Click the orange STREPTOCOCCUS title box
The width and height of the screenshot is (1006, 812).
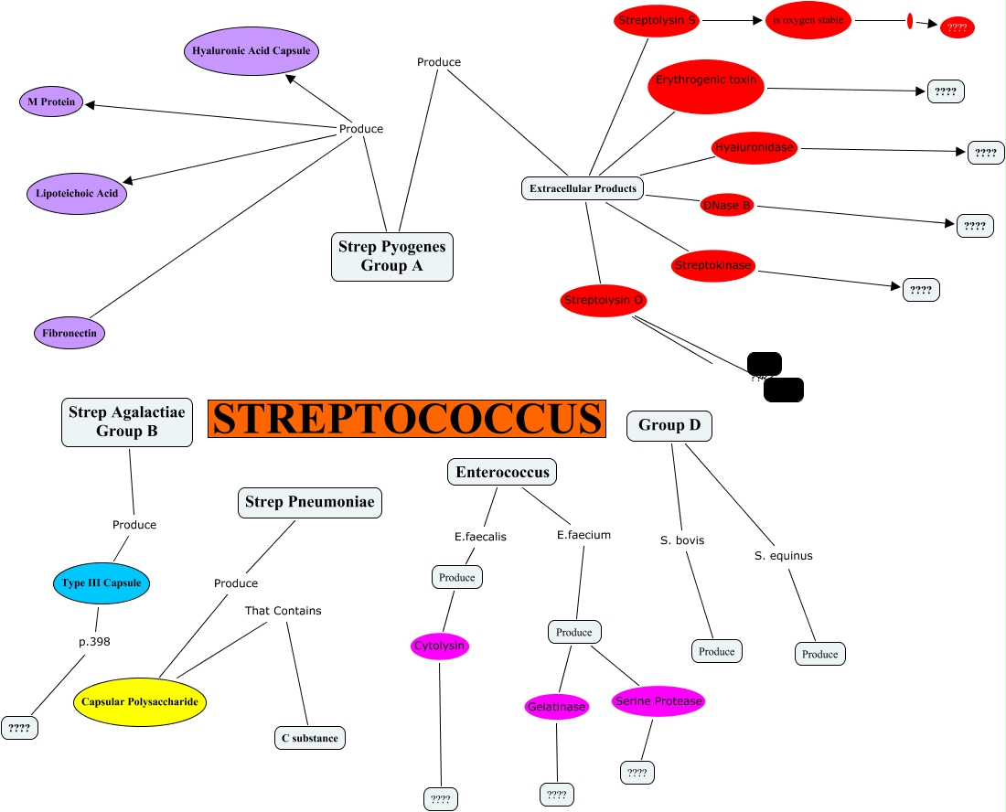[407, 418]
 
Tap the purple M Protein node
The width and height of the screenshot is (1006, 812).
[51, 102]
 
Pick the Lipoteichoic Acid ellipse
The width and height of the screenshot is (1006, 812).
[76, 194]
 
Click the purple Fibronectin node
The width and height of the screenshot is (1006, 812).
[70, 333]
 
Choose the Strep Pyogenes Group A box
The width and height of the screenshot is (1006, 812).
[391, 256]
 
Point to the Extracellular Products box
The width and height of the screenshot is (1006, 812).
[583, 188]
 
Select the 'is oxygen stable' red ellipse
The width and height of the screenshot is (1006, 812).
[808, 20]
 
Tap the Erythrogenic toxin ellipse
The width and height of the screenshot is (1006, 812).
[707, 85]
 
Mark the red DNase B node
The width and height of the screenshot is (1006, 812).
[727, 205]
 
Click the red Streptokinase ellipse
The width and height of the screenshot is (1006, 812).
[712, 266]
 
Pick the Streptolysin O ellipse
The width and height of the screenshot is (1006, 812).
[605, 300]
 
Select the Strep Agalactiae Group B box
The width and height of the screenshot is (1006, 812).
[127, 422]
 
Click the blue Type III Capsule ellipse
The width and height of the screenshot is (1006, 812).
[101, 582]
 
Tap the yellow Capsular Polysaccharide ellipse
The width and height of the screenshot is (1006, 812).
[140, 702]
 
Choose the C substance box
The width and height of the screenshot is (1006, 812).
[310, 738]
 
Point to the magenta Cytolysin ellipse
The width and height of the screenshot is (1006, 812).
[439, 646]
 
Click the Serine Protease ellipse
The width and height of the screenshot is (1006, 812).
[658, 701]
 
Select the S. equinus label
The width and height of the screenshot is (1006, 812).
[784, 555]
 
